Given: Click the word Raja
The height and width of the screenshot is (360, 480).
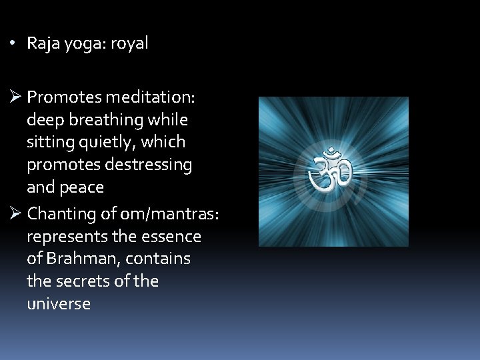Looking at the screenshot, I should pos(43,44).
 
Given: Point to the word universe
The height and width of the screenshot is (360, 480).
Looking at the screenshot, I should pos(59,303).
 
